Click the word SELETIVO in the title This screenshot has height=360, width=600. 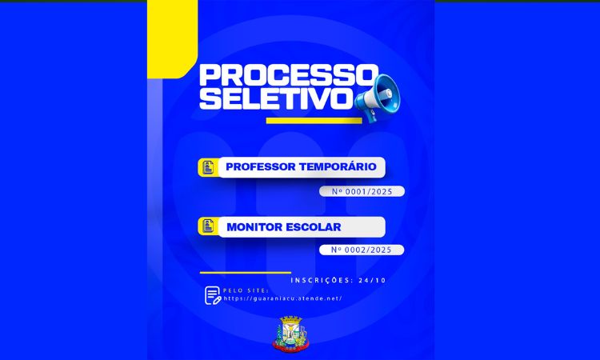[275, 99]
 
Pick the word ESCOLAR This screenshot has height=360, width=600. [313, 227]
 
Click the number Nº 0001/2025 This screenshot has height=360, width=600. [362, 191]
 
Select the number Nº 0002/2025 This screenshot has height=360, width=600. [362, 250]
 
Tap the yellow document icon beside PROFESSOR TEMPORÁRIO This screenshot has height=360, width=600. [208, 168]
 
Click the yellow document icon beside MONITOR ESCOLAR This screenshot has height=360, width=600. [208, 226]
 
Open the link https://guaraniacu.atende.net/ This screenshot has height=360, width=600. [283, 298]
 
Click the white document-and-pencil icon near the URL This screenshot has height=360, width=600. [212, 295]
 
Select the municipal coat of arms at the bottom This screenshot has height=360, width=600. [289, 334]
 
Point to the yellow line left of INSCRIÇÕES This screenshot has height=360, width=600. [245, 273]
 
